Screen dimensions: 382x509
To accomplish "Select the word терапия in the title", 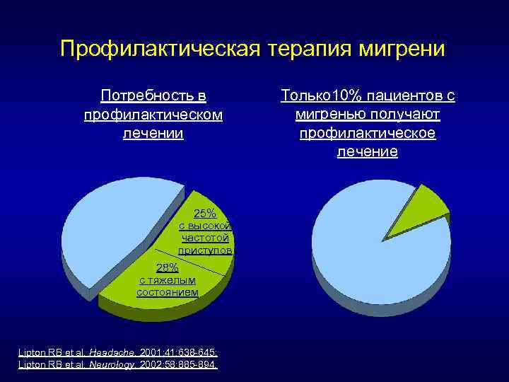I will [x=312, y=50].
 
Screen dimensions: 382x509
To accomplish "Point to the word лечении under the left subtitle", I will [x=153, y=132].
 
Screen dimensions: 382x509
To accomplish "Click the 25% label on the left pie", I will [x=205, y=213].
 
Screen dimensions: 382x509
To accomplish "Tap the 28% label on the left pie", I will [x=167, y=267].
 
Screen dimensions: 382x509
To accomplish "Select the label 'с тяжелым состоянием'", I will [x=167, y=286].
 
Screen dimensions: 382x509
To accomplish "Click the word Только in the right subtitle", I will [x=303, y=95].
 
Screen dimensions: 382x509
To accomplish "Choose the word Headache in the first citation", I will [x=115, y=352].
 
